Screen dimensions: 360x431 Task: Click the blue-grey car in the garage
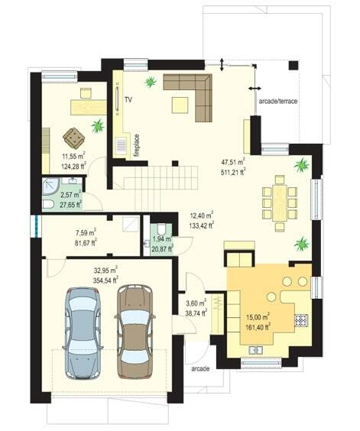coord(83,333)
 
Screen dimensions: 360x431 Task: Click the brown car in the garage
coord(135,332)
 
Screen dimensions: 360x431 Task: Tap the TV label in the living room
coord(128,100)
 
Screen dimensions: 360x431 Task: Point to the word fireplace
coord(137,145)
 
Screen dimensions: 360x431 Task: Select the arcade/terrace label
coord(278,101)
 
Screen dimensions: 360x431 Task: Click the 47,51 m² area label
coord(233,162)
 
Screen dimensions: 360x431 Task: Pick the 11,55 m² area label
coord(73,156)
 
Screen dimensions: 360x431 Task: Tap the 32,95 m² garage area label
coord(106,270)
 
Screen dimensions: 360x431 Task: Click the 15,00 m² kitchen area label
coord(258,316)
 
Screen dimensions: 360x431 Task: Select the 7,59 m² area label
coord(86,232)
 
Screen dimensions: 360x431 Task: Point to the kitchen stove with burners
coord(301,320)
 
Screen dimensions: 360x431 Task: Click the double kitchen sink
coord(256,350)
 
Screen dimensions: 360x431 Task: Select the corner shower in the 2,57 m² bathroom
coord(51,186)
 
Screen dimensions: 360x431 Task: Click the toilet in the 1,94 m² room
coord(161,228)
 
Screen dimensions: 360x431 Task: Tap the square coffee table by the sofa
coord(180,105)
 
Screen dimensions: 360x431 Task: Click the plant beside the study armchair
coord(98,126)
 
